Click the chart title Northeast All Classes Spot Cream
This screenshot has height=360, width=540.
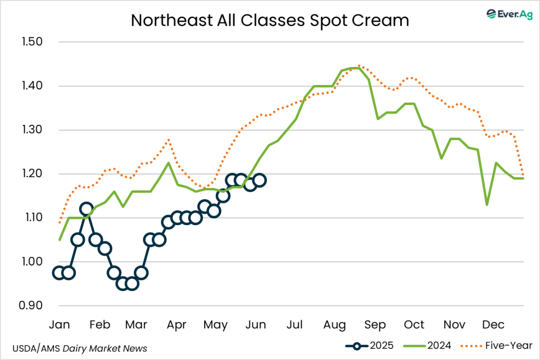(x=269, y=21)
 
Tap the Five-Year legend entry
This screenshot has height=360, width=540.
(x=499, y=346)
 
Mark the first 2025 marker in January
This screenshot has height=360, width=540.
(x=59, y=273)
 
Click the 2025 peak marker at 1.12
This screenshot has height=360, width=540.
(x=86, y=209)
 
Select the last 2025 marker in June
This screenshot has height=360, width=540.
(x=259, y=180)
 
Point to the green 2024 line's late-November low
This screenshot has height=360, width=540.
(x=487, y=205)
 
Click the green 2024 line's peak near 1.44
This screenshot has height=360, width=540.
(x=354, y=68)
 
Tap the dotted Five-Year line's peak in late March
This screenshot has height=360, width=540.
(x=168, y=139)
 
